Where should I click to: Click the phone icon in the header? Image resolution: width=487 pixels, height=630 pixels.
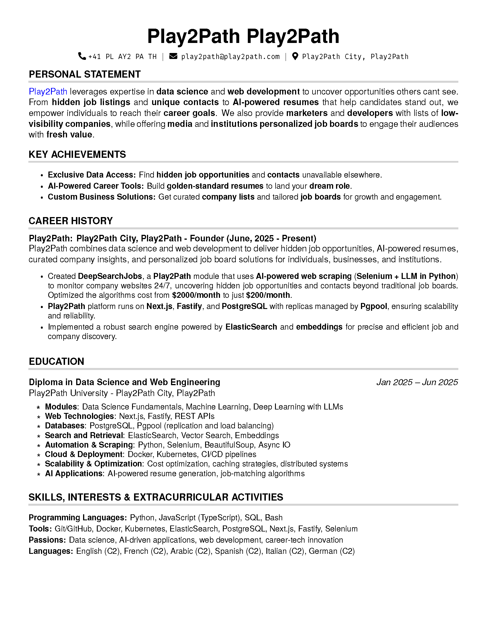coord(82,56)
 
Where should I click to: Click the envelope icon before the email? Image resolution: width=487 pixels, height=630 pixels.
coord(173,56)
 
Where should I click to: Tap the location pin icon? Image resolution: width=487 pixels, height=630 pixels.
coord(295,56)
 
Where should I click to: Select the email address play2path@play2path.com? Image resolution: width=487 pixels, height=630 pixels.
coord(230,56)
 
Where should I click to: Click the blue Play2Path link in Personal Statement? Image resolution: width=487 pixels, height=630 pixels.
coord(48,92)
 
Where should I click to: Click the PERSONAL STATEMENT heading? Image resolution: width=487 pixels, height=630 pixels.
coord(85,74)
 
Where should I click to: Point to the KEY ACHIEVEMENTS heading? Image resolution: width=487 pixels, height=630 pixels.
coord(77,155)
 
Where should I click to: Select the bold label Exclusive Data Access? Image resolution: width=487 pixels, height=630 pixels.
coord(91,175)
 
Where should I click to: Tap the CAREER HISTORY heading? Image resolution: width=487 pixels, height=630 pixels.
coord(70,221)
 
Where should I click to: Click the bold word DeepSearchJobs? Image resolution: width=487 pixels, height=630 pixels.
coord(110,276)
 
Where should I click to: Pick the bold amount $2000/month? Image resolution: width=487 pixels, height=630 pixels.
coord(196,295)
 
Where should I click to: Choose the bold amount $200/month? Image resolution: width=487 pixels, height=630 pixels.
coord(268,295)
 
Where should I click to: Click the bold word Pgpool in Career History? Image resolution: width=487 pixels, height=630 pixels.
coord(374,306)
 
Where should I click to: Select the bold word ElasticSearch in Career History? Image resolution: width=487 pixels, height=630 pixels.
coord(251,327)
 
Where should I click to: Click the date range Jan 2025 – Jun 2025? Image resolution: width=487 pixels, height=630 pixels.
coord(417,382)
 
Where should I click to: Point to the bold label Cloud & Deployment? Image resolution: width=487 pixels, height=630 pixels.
coord(84,454)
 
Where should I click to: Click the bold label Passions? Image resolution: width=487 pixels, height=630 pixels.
coord(47,540)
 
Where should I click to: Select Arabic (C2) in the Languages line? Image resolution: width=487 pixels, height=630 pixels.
coord(190,551)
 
